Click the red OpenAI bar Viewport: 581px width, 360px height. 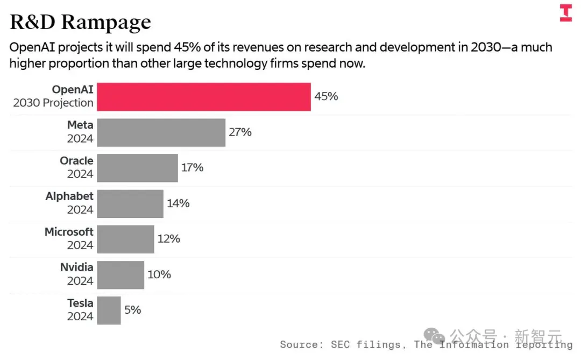coord(204,97)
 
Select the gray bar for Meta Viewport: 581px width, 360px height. coord(161,132)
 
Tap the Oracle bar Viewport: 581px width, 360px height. coord(138,168)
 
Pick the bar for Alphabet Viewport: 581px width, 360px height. coord(130,203)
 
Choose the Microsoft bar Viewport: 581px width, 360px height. coord(125,239)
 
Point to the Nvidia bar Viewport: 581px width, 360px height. coord(121,275)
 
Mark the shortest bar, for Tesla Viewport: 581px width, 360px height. coord(109,310)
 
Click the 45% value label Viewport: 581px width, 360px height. coord(326,96)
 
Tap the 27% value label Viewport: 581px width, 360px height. coord(240,132)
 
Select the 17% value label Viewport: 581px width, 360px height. coord(192,167)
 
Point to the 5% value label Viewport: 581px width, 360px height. coord(133,310)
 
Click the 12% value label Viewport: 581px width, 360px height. coord(168,239)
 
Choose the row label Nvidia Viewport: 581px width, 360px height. coord(77,267)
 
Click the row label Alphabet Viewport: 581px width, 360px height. coord(69,196)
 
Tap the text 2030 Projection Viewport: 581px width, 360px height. coord(53,103)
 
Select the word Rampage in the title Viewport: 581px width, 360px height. coord(106,22)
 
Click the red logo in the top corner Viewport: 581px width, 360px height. coord(566,12)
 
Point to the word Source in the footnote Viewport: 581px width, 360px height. coord(299,345)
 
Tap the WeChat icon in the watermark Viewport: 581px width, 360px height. coord(434,336)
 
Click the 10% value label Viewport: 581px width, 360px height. coord(159,274)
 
